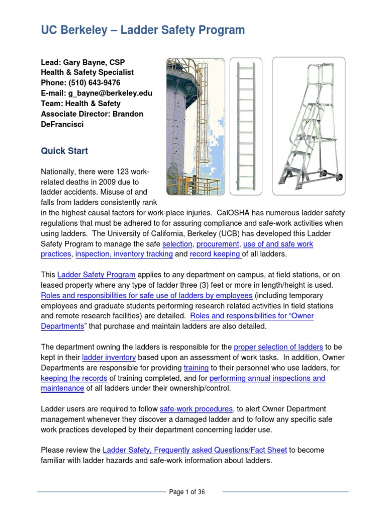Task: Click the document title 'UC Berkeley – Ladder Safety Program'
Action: point(143,30)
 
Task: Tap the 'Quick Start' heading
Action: point(64,151)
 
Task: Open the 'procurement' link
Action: point(218,244)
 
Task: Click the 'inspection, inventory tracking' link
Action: point(124,254)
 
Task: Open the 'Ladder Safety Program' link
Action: point(96,275)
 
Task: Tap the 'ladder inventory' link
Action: point(109,358)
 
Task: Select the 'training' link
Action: point(196,368)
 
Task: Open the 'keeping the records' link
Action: point(74,378)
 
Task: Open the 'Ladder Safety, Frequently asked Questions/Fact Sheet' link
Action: point(195,450)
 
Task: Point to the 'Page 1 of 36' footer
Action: point(187,492)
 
